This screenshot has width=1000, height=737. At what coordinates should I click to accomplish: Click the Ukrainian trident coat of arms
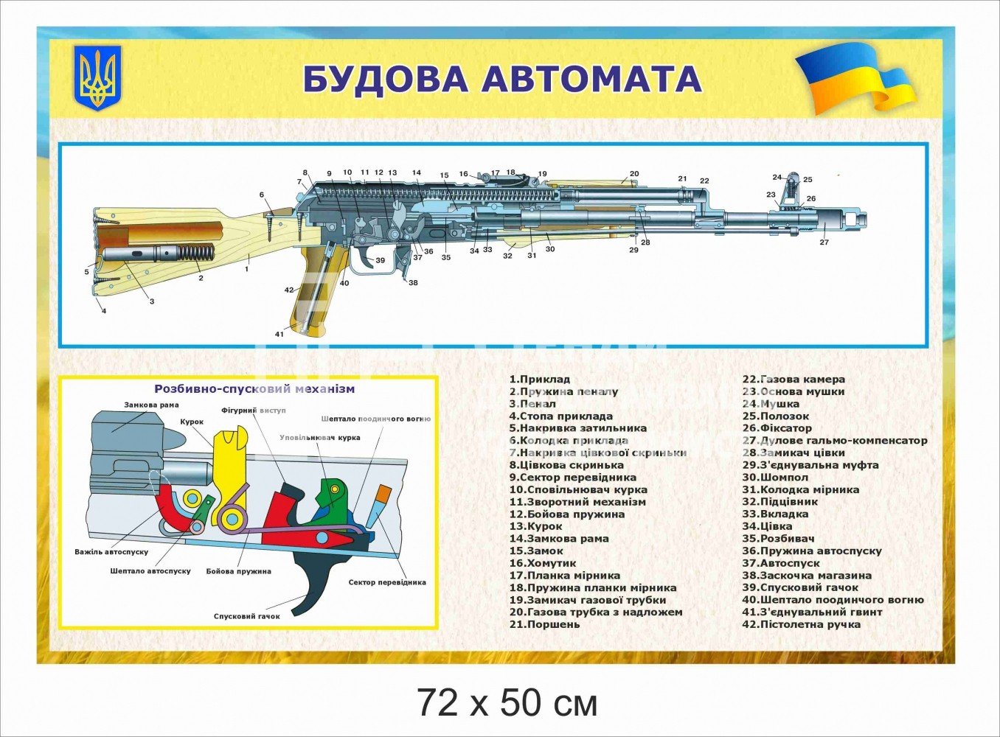pyautogui.click(x=97, y=77)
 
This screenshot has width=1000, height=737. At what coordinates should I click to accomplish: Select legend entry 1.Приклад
pyautogui.click(x=540, y=380)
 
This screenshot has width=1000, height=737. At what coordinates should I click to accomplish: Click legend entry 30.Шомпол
pyautogui.click(x=775, y=478)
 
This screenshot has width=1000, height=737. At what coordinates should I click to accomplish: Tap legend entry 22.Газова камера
pyautogui.click(x=794, y=380)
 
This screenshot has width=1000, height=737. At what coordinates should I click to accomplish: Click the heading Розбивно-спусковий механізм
pyautogui.click(x=254, y=389)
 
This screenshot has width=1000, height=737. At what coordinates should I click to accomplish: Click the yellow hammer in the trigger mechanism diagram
pyautogui.click(x=228, y=472)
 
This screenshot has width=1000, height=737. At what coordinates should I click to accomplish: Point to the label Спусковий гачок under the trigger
pyautogui.click(x=246, y=616)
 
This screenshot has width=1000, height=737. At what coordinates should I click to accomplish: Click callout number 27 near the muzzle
pyautogui.click(x=824, y=242)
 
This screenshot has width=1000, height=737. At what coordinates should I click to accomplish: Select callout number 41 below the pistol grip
pyautogui.click(x=279, y=335)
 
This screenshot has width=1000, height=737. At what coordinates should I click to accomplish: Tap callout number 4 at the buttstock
pyautogui.click(x=104, y=311)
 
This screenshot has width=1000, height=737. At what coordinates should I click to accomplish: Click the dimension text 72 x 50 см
pyautogui.click(x=507, y=703)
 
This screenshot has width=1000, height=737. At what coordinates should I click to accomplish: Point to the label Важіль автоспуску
pyautogui.click(x=111, y=552)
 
